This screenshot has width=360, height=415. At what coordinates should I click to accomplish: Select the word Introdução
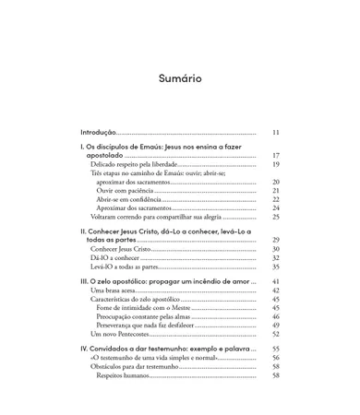point(98,132)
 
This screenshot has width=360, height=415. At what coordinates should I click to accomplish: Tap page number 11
point(275,132)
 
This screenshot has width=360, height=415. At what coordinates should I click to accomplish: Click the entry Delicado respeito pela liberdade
point(133,164)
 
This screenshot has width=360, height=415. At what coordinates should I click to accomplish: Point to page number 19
point(275,164)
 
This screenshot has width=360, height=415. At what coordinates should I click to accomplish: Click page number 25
point(275,217)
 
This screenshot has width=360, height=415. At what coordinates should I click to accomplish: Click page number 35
point(275,267)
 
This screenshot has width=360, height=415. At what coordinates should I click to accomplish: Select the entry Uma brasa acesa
point(119,290)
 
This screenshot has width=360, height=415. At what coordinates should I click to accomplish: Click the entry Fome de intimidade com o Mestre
point(146,308)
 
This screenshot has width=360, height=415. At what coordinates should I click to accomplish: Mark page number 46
point(275,316)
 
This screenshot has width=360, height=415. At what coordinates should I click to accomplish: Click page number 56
point(275,358)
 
